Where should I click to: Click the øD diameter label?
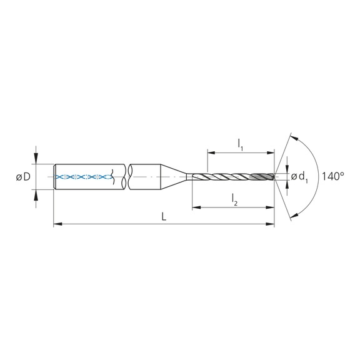[x=23, y=177]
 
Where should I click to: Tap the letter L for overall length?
[x=163, y=216]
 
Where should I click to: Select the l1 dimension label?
[x=240, y=144]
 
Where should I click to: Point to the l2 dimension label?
[x=234, y=199]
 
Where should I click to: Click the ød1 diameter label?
[x=299, y=177]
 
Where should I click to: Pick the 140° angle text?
[x=334, y=177]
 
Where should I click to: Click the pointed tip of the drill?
[x=275, y=177]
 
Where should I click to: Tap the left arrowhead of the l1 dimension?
[x=210, y=151]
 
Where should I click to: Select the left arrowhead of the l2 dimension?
[x=196, y=206]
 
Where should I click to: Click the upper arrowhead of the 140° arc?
[x=294, y=137]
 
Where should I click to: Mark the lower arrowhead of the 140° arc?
[x=294, y=217]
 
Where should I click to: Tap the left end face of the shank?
[x=55, y=177]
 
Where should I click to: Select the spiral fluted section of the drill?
[x=241, y=177]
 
